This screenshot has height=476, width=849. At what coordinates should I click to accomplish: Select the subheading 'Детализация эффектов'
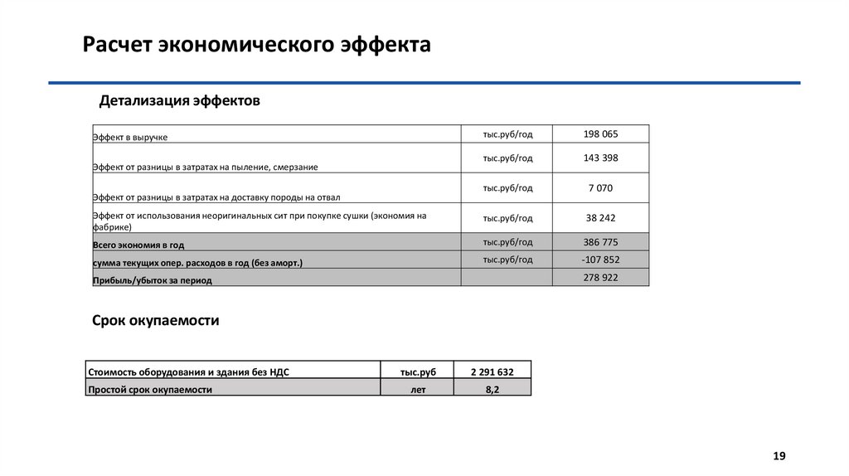(x=180, y=101)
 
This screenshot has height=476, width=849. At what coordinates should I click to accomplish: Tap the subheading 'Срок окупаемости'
(x=155, y=320)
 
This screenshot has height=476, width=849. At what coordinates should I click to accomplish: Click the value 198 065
(x=600, y=134)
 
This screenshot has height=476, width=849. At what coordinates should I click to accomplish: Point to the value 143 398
(x=600, y=158)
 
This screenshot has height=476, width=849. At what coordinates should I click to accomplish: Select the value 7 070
(x=600, y=187)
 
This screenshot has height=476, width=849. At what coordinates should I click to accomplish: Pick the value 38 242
(x=600, y=217)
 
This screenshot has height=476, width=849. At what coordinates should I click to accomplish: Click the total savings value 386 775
(x=600, y=242)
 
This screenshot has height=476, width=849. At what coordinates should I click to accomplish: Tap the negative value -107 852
(x=600, y=260)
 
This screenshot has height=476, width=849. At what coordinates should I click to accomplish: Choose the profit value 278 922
(x=600, y=277)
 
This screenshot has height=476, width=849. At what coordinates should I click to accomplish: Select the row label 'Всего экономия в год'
(x=138, y=246)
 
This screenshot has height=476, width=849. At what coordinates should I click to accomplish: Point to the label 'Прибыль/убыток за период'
(x=153, y=280)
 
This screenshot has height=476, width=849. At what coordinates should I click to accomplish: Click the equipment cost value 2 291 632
(x=492, y=372)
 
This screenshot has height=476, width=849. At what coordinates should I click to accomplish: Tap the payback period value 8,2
(x=492, y=389)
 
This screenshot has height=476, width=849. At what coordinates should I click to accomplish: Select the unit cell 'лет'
(x=418, y=389)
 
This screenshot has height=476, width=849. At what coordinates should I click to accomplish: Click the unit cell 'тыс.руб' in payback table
(x=418, y=372)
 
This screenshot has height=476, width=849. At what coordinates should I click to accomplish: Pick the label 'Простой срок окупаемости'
(x=150, y=389)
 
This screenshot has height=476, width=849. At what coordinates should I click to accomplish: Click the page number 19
(x=779, y=456)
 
